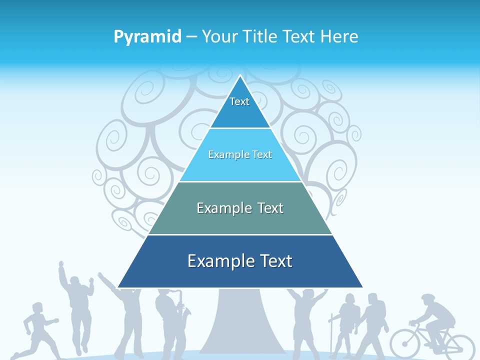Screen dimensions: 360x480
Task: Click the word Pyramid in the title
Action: click(x=147, y=37)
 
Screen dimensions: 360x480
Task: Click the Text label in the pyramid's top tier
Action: click(x=239, y=101)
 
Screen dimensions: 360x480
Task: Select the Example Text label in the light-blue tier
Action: click(x=240, y=154)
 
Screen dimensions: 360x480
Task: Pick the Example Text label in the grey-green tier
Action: click(x=240, y=208)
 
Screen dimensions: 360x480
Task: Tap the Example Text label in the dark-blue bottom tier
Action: click(x=240, y=261)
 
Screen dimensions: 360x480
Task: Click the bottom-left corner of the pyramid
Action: click(x=118, y=287)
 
